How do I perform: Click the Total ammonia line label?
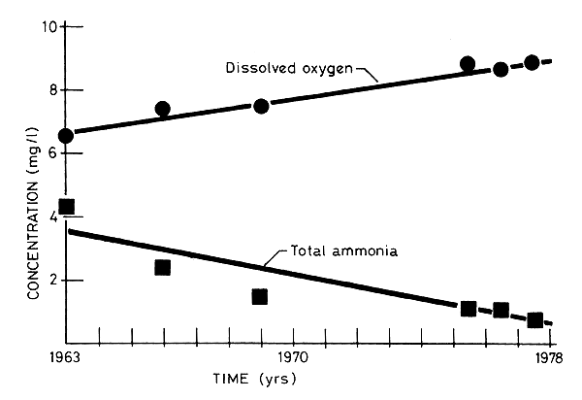(337, 252)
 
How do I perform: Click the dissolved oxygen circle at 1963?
(66, 135)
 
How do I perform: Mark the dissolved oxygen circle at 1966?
(163, 109)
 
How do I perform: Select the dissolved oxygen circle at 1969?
(260, 106)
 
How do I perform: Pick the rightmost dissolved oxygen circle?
(532, 63)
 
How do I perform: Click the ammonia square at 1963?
(66, 207)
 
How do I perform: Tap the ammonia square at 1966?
(163, 267)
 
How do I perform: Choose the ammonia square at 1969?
(260, 296)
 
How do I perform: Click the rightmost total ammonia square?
(534, 319)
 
